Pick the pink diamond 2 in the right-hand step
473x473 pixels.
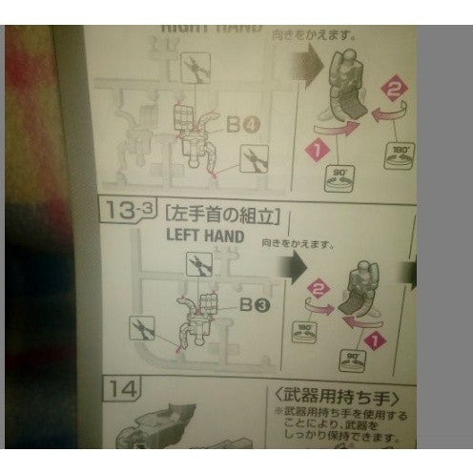pyautogui.click(x=390, y=89)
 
